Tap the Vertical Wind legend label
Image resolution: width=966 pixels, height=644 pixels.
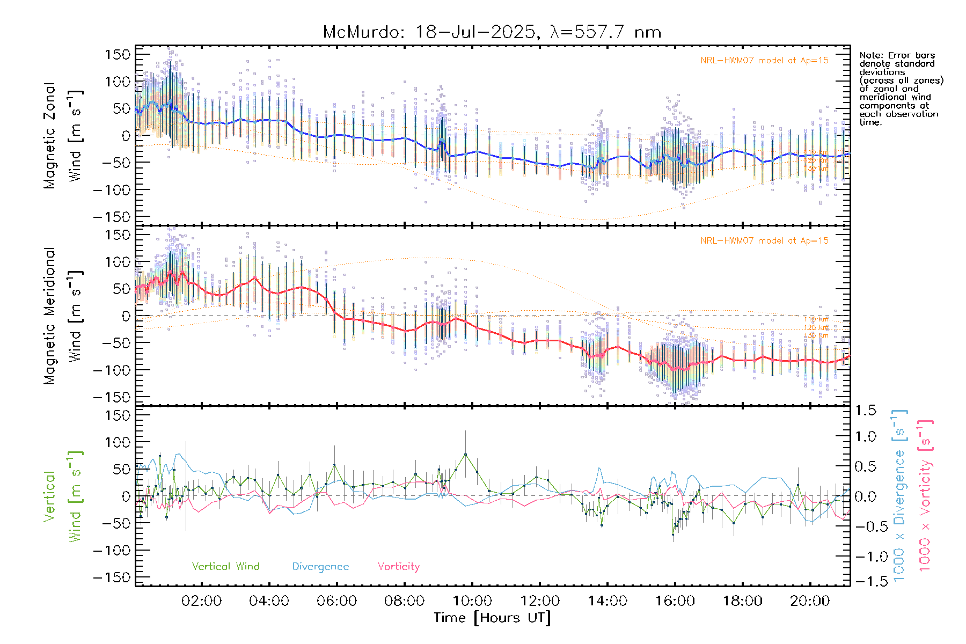click(x=225, y=567)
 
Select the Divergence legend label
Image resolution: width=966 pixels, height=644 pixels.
click(x=320, y=567)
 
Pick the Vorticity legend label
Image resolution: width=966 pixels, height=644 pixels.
click(x=398, y=567)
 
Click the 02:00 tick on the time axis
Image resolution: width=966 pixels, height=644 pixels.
click(x=201, y=601)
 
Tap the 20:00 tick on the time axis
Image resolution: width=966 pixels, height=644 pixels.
click(x=810, y=601)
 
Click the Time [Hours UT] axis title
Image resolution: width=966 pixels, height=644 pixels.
click(x=492, y=618)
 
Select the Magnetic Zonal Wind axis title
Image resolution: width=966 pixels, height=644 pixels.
click(x=63, y=135)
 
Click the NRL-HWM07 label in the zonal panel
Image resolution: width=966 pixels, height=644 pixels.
click(x=764, y=61)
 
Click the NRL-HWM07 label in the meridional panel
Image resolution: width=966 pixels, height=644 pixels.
click(x=764, y=241)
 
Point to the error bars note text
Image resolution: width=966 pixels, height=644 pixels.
click(x=901, y=89)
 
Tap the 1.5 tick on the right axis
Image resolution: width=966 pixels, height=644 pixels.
click(x=865, y=411)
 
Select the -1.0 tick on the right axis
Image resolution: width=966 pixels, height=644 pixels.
click(x=865, y=557)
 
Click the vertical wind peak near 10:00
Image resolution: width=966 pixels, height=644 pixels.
click(x=465, y=455)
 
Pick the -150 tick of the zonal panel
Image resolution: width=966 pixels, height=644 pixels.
click(x=112, y=217)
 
